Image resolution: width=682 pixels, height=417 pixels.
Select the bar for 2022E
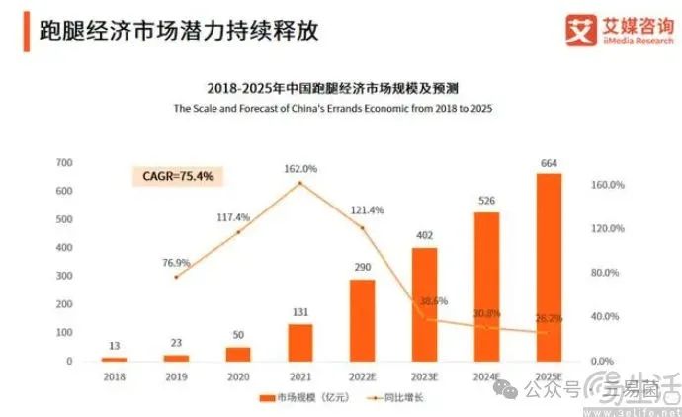click(363, 320)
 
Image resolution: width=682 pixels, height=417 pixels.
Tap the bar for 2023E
click(425, 303)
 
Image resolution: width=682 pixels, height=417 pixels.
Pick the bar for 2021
click(300, 342)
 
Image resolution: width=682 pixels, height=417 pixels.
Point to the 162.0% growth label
click(300, 168)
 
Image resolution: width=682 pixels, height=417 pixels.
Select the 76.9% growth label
click(176, 262)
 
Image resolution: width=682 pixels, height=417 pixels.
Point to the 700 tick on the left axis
click(64, 162)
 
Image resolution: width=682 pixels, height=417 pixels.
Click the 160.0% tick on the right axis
click(606, 185)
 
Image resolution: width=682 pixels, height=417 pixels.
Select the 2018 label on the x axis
click(115, 377)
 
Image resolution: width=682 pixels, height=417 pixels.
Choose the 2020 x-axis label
click(238, 377)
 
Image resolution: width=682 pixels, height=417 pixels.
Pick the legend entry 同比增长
click(392, 398)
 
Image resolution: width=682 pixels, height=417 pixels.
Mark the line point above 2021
click(300, 183)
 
